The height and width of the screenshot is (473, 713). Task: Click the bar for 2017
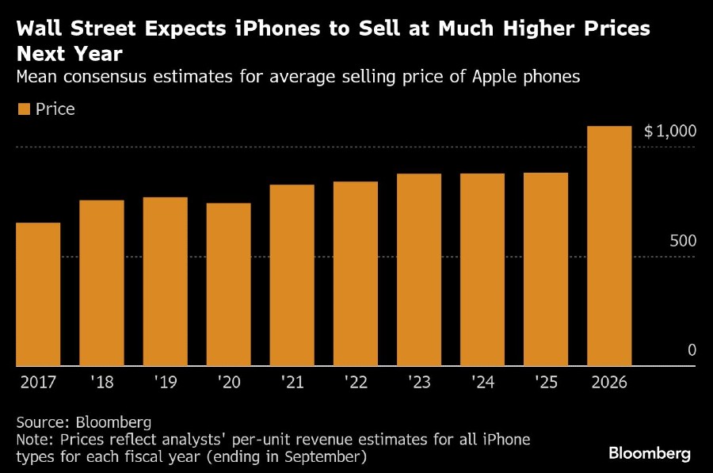coord(38,294)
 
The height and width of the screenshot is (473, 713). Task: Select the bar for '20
coord(228,284)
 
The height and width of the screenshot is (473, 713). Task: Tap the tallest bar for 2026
coord(609,246)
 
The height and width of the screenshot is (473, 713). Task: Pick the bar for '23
coord(418,269)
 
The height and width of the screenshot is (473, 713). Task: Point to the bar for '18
coord(101,283)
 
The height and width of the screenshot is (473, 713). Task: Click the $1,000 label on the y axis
coord(670,132)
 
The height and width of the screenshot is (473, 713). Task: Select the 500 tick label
coord(682,241)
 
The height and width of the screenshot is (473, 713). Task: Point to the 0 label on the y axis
coord(692,350)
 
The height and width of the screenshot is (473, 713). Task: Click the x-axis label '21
coord(292,382)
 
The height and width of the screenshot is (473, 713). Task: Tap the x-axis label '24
coord(482,382)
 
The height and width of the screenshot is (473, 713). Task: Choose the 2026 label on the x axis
coord(608,382)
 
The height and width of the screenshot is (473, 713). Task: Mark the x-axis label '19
coord(165,382)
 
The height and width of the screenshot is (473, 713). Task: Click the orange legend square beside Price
coord(23,109)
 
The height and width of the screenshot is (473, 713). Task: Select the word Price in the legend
coord(55,109)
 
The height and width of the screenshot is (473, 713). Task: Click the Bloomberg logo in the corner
coord(650,453)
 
